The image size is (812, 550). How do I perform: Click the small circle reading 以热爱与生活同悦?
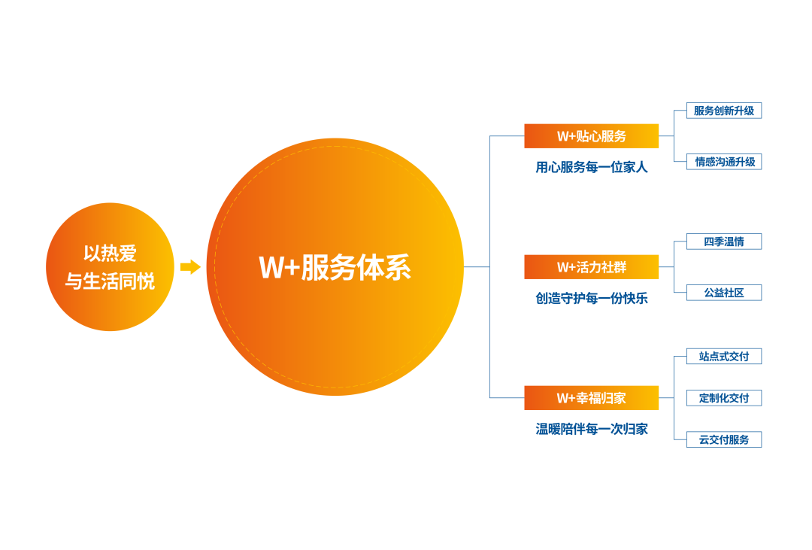110,267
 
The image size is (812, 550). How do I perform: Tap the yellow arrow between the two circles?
190,267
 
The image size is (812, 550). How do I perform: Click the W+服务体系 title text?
335,268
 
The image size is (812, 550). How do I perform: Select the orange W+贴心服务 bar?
592,136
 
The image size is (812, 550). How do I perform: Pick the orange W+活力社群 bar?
592,267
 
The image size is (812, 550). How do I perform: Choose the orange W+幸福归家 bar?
592,398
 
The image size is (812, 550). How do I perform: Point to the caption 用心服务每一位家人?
592,167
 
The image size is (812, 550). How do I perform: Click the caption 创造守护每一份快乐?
592,298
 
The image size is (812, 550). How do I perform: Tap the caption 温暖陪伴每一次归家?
592,429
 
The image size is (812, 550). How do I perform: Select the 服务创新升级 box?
724,111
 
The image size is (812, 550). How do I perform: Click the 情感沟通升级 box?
724,162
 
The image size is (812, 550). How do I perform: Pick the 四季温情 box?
724,242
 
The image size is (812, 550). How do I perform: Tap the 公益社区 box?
724,293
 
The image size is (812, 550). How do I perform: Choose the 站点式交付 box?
724,356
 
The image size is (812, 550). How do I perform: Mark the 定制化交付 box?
724,398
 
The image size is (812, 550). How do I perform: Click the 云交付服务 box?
724,439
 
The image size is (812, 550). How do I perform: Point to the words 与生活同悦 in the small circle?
110,281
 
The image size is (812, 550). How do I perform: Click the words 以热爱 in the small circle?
110,254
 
